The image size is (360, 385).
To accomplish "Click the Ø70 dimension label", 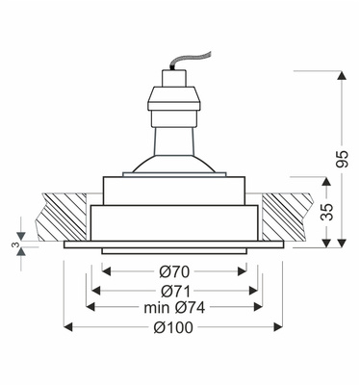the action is pos(174,272).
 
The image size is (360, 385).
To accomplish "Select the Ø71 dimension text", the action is pos(175,292).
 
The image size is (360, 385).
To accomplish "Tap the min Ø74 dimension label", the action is pos(174,308).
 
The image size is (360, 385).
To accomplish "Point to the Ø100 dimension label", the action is pos(173,327).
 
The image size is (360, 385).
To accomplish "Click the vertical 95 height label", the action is pos(342,159).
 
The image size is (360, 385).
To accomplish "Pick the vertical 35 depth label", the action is pos(327,212).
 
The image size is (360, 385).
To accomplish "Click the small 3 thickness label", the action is pos(15,245).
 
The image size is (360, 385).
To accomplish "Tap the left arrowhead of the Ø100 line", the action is pos(68,327).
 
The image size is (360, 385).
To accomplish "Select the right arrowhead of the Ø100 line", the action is pos(278,327).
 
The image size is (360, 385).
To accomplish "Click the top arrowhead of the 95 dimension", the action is pos(343,76).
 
